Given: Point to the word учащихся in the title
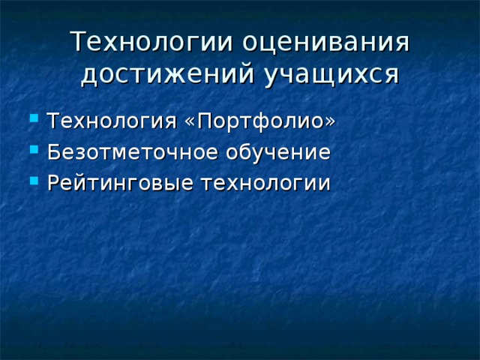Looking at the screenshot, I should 328,75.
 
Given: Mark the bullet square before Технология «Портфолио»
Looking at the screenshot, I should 32,120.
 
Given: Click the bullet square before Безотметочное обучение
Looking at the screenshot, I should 32,150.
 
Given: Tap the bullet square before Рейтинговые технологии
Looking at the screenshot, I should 32,181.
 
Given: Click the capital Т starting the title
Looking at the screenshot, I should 78,42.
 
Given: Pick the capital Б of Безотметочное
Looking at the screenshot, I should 52,152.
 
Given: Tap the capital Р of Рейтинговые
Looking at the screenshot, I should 52,182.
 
